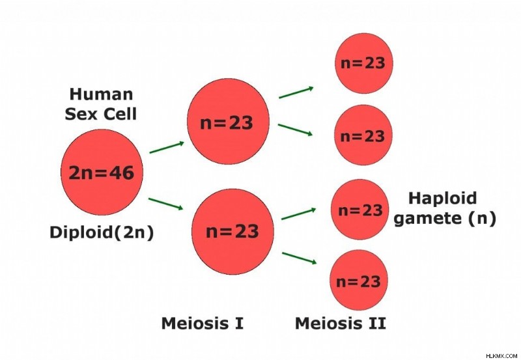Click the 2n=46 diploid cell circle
click(102, 173)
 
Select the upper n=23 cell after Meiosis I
click(228, 122)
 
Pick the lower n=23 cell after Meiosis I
click(232, 232)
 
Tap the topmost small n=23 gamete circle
click(364, 63)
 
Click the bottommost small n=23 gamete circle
click(359, 280)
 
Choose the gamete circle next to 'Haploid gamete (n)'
click(360, 210)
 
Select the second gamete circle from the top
click(363, 135)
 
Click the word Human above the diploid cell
click(101, 94)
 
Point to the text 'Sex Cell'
click(101, 114)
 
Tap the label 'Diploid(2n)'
click(102, 232)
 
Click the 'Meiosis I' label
click(203, 323)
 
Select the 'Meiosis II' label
click(341, 323)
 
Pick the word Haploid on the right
click(443, 199)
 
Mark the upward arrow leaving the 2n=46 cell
click(167, 147)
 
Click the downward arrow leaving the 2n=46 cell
click(166, 204)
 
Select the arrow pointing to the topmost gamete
click(296, 92)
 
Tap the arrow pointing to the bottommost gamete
click(300, 258)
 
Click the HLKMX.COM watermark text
click(501, 356)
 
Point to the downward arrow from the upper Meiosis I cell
click(295, 130)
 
